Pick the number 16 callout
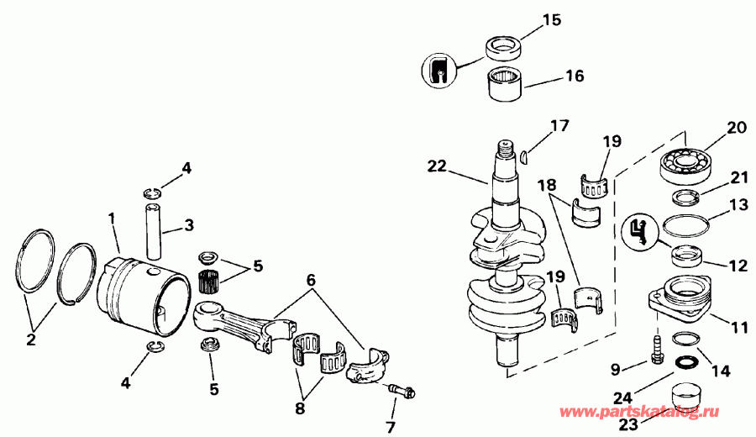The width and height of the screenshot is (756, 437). (x=574, y=76)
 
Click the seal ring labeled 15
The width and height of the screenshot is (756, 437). (x=507, y=45)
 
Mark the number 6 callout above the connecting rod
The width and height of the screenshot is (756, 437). (x=311, y=278)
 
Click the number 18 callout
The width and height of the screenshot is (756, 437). (x=548, y=184)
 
